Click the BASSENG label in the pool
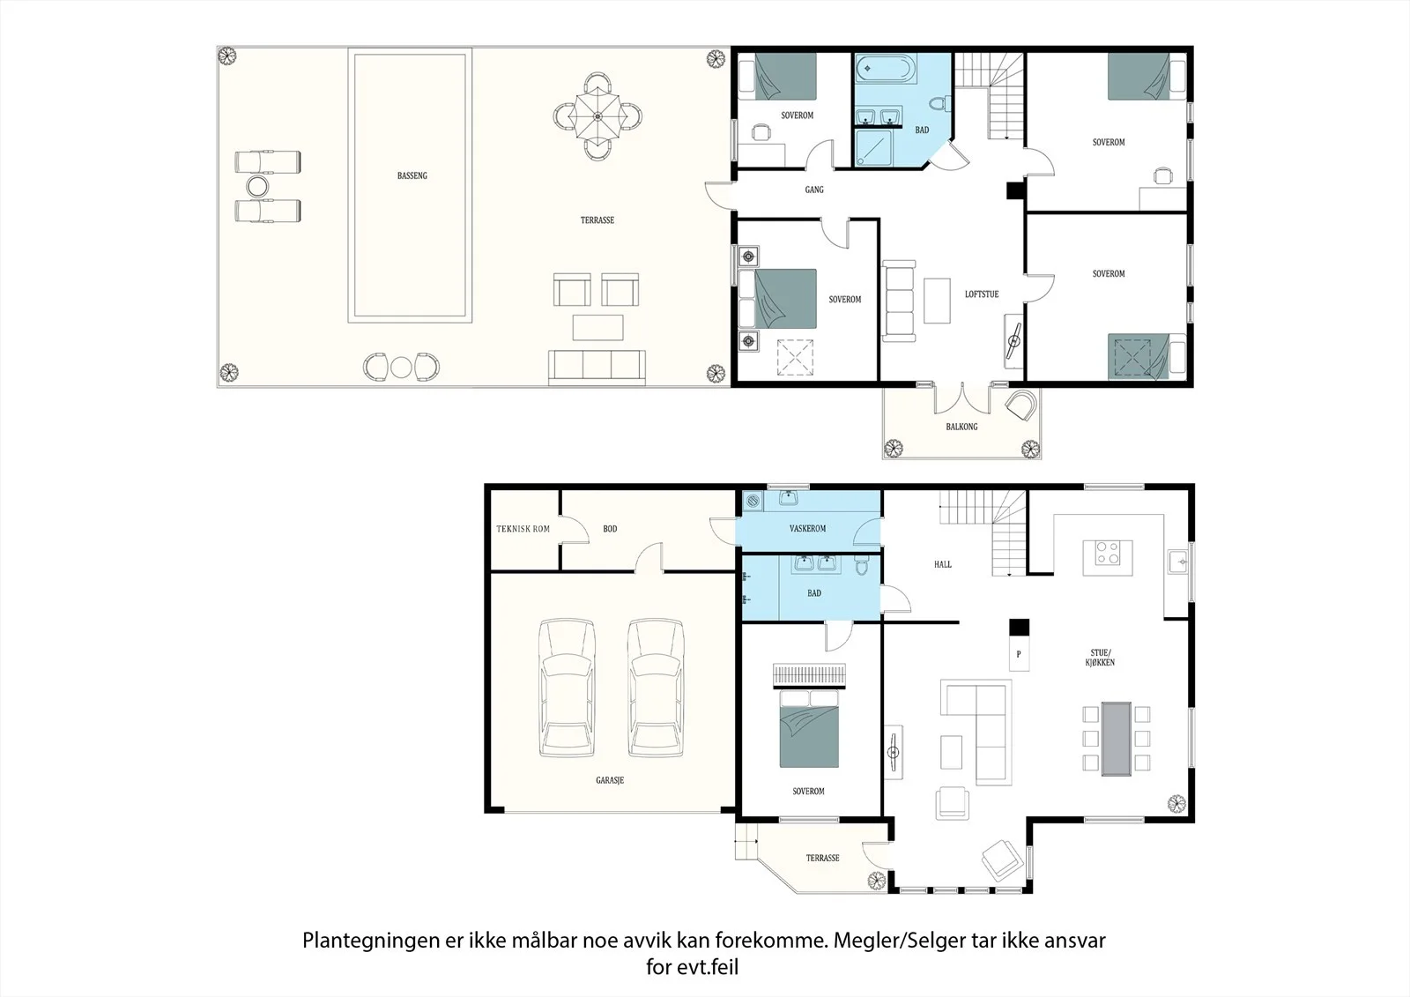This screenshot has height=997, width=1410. click(x=412, y=175)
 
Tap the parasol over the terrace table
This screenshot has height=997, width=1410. click(x=597, y=116)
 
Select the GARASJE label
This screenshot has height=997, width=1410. click(x=610, y=780)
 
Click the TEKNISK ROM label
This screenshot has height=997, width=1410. click(x=523, y=529)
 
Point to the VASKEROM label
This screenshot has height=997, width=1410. click(x=807, y=528)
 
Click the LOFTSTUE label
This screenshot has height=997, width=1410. click(x=982, y=294)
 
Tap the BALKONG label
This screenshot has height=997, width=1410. click(x=961, y=427)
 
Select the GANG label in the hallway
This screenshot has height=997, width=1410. click(x=814, y=190)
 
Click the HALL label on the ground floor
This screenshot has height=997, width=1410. click(x=943, y=564)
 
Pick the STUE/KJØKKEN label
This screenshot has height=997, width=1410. click(x=1101, y=658)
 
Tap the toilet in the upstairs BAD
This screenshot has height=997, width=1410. click(x=940, y=102)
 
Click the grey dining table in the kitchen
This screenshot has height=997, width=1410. click(x=1116, y=738)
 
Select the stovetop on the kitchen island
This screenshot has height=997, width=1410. click(x=1108, y=553)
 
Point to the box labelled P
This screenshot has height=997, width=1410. click(x=1019, y=654)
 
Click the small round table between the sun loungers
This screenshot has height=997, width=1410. click(x=256, y=186)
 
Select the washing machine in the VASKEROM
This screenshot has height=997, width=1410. click(x=753, y=502)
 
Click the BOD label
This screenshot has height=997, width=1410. click(x=610, y=529)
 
